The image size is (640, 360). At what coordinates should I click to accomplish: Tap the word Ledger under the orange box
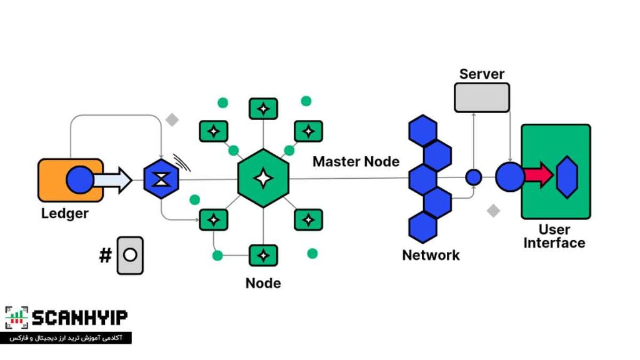point(64,214)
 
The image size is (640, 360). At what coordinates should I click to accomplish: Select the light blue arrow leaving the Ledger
point(112,180)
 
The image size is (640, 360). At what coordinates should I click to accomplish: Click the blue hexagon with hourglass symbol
point(161,180)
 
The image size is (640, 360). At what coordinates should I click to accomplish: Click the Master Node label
point(356,161)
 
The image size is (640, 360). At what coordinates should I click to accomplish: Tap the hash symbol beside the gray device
point(105,255)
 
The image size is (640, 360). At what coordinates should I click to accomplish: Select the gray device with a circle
point(130,255)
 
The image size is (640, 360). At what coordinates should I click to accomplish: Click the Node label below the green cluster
point(263,283)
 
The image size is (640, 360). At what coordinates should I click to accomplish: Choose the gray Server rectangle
point(481,97)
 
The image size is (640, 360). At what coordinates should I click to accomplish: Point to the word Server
point(481,74)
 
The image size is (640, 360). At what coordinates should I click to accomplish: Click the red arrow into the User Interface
point(538,176)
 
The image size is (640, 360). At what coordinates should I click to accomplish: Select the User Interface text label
point(554,236)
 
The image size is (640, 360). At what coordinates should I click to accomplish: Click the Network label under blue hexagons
point(431,255)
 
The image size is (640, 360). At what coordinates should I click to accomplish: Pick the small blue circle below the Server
point(474,177)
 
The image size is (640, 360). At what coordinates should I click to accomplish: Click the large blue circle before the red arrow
point(510,177)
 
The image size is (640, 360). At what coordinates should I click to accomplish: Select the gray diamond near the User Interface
point(494,211)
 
